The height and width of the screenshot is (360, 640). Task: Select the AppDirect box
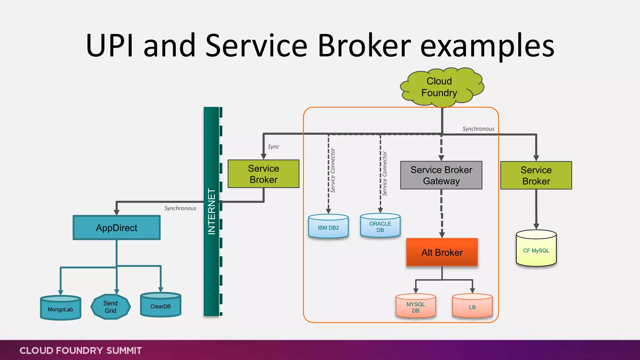[x=117, y=228]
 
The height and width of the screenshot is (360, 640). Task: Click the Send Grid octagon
[x=111, y=307]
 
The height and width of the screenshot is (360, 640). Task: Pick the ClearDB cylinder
[x=161, y=305]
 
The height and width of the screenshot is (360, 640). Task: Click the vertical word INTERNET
[x=212, y=212]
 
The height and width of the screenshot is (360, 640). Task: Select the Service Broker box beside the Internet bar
[x=263, y=174]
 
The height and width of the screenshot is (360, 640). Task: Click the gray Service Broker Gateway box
[x=441, y=175]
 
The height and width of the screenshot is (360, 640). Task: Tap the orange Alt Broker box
[x=442, y=252]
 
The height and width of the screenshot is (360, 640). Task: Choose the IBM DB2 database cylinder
[x=328, y=227]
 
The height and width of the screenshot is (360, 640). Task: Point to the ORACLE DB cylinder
[x=380, y=226]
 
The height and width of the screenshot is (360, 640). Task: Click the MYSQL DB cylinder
[x=416, y=306]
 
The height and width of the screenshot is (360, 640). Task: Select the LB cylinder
[x=472, y=306]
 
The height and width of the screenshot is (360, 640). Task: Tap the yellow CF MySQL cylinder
[x=536, y=249]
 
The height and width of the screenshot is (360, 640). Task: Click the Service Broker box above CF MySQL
[x=536, y=176]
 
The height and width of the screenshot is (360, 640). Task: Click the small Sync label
[x=273, y=147]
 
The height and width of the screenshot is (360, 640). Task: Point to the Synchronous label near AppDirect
[x=180, y=208]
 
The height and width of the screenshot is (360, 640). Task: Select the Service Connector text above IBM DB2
[x=333, y=171]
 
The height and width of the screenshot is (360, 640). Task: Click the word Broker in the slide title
[x=364, y=46]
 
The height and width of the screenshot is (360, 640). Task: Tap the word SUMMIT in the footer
[x=124, y=351]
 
